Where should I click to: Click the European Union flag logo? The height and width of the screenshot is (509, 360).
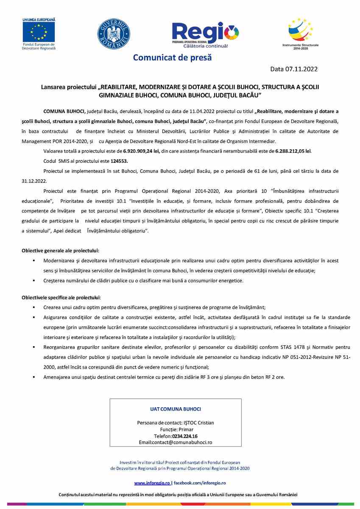point(39,31)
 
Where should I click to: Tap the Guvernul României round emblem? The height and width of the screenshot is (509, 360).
point(114,34)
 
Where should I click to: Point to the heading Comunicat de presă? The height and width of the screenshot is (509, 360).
point(172,57)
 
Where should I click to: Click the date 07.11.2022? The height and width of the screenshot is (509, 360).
point(301,69)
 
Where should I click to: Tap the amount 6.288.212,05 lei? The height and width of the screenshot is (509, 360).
point(293,151)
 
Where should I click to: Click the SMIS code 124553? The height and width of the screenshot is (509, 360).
point(119,161)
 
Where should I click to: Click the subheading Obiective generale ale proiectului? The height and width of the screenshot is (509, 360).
point(61,251)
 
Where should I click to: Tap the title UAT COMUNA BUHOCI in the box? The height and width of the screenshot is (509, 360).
point(176,409)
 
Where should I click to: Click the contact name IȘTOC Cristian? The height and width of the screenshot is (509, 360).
point(198,422)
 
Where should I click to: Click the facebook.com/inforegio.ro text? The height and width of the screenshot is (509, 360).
point(200,483)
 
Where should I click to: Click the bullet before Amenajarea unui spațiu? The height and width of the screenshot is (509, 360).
point(33,377)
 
